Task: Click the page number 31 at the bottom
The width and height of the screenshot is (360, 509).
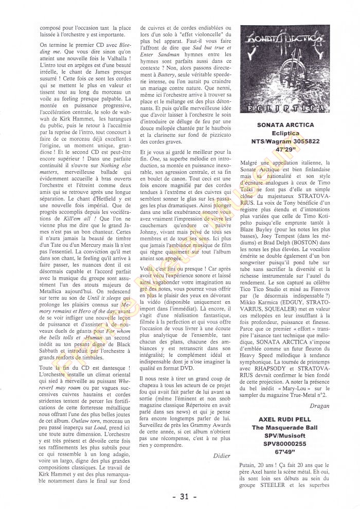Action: pyautogui.click(x=181, y=497)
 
